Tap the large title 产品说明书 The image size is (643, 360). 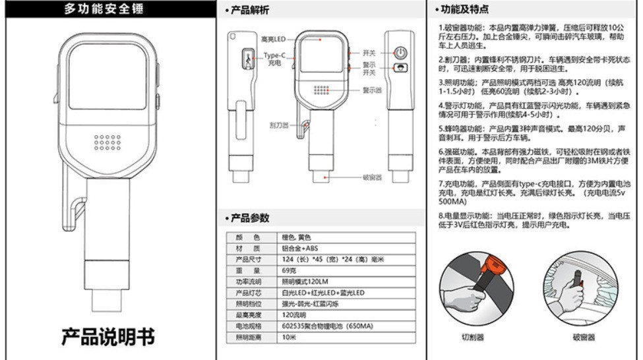[x=108, y=336]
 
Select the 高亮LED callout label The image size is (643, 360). [x=273, y=40]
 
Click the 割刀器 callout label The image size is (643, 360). [x=279, y=124]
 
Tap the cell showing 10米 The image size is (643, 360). [x=289, y=338]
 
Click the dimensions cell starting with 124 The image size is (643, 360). [x=330, y=260]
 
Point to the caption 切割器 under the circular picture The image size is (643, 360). [x=473, y=337]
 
